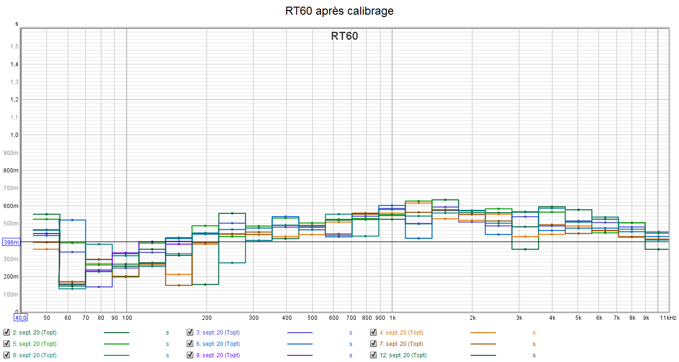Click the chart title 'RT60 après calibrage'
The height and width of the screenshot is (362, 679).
pyautogui.click(x=339, y=11)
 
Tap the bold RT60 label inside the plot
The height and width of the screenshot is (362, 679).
pyautogui.click(x=344, y=36)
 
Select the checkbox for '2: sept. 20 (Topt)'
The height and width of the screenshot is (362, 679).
pyautogui.click(x=7, y=332)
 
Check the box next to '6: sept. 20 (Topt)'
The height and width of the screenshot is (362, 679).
pyautogui.click(x=190, y=344)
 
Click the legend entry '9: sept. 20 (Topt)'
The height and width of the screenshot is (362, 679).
pyautogui.click(x=218, y=355)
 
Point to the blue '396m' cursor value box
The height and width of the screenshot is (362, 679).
pyautogui.click(x=10, y=242)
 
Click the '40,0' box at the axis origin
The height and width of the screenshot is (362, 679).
pyautogui.click(x=20, y=317)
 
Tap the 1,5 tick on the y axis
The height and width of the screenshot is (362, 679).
pyautogui.click(x=14, y=46)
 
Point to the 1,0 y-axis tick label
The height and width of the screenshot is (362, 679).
pyautogui.click(x=14, y=135)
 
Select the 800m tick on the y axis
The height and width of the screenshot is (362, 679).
pyautogui.click(x=12, y=171)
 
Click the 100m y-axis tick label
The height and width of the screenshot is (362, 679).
pyautogui.click(x=12, y=295)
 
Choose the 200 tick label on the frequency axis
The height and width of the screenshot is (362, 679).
pyautogui.click(x=207, y=317)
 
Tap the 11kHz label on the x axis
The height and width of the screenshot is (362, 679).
pyautogui.click(x=668, y=317)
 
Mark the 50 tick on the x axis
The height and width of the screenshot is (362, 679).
pyautogui.click(x=47, y=317)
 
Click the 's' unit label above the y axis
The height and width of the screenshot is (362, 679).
pyautogui.click(x=17, y=24)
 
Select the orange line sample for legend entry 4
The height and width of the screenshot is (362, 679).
pyautogui.click(x=483, y=333)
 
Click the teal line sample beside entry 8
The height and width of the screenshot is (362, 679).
pyautogui.click(x=117, y=355)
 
